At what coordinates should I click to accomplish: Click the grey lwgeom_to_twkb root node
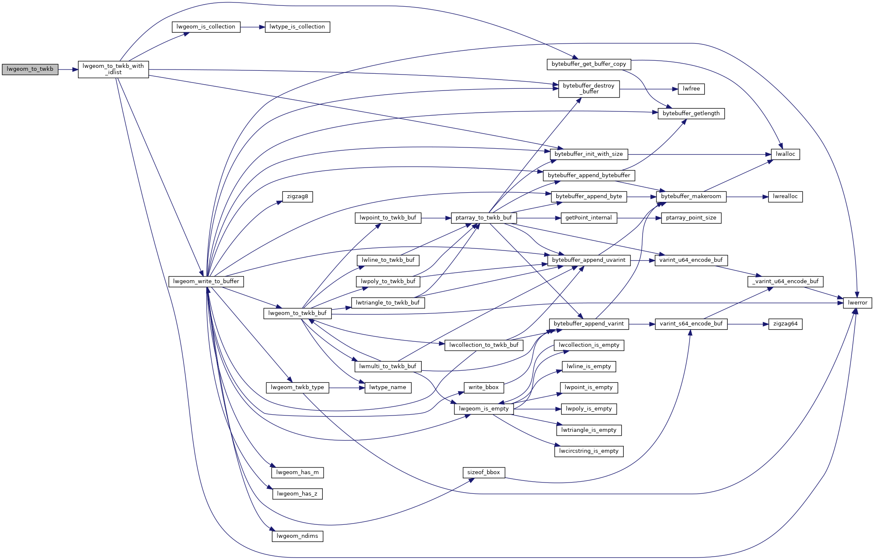pos(30,70)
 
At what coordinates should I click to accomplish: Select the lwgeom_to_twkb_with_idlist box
pos(113,70)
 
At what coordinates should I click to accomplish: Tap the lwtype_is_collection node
pos(297,27)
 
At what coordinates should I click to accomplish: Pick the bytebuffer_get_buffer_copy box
pos(589,65)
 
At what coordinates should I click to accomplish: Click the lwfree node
pos(691,89)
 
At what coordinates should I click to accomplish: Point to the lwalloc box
pos(785,155)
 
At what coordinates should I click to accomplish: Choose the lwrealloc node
pos(785,197)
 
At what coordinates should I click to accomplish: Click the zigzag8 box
pos(297,197)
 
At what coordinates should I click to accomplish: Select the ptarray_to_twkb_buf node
pos(484,218)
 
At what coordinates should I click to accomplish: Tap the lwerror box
pos(857,303)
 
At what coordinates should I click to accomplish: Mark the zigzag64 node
pos(785,324)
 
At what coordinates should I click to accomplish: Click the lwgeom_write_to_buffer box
pos(206,282)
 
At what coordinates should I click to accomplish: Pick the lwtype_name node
pos(388,388)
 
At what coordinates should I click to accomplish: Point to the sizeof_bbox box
pos(483,473)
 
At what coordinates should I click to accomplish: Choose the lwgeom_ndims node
pos(297,537)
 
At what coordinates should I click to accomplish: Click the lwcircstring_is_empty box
pos(589,452)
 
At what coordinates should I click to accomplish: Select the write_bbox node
pos(483,388)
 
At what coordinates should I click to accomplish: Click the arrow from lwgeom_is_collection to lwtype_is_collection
pos(253,27)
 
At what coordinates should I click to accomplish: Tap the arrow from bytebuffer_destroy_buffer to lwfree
pos(649,89)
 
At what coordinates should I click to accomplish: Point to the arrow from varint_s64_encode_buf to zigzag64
pos(748,324)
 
